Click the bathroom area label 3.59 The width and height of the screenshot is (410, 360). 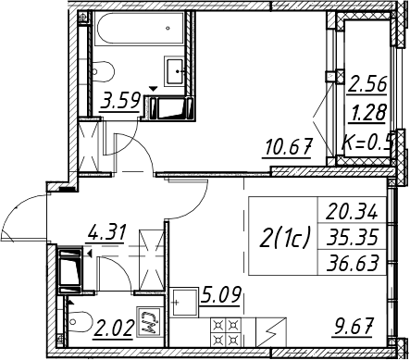coord(120,100)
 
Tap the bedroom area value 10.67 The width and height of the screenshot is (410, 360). coord(287,147)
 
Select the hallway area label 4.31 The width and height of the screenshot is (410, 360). coord(106,232)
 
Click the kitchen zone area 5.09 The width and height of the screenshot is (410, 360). coord(220,295)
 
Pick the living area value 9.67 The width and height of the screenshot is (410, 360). coord(353,327)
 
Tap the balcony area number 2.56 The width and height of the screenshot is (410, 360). coord(367,84)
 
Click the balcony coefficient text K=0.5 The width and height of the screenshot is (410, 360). coord(367,142)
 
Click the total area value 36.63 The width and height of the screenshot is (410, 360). coord(353,263)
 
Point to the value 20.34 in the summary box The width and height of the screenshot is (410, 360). coord(352,212)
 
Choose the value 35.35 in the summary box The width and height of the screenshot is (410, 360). coord(353,238)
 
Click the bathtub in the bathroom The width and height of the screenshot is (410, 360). coord(141,29)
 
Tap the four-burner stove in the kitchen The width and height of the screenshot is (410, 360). coord(226,332)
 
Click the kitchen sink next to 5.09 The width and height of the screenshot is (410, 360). coord(184,302)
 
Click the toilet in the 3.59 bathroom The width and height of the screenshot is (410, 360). coord(103,72)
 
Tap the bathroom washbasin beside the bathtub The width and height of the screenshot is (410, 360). coord(176,71)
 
